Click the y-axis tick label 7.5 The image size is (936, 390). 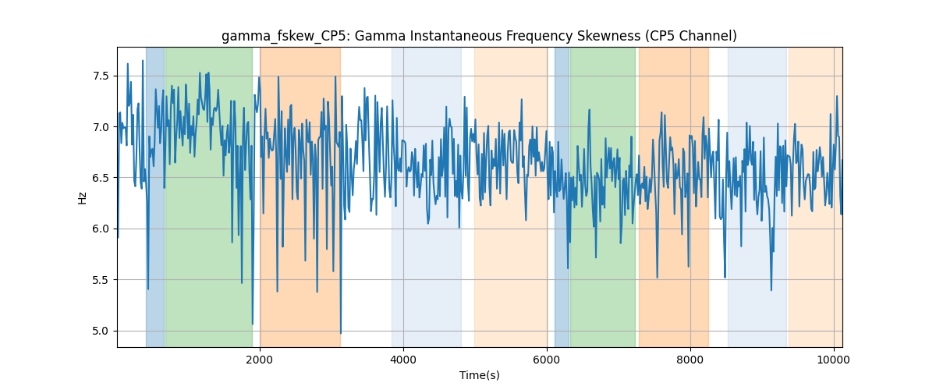pos(101,76)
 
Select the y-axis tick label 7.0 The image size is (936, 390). pos(101,127)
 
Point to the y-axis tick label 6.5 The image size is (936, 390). pos(101,178)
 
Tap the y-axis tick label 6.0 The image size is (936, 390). pos(101,229)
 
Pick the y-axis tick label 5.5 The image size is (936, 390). pos(101,280)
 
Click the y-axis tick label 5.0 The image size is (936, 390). pos(101,331)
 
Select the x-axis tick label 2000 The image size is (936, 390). pos(260,360)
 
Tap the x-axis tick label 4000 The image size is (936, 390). pos(403,360)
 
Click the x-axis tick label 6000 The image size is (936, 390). pos(547,360)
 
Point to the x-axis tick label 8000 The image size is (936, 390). pos(690,360)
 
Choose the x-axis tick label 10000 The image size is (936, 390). pos(834,360)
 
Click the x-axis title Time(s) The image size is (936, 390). pos(480,375)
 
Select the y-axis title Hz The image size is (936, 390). pos(83,198)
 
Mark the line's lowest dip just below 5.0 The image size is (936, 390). pos(341,333)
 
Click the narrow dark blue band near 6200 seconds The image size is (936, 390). pos(562,197)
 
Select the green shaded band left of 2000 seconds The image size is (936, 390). pos(209,197)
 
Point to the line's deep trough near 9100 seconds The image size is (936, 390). pos(771,289)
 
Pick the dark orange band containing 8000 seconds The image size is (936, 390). pos(674,197)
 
